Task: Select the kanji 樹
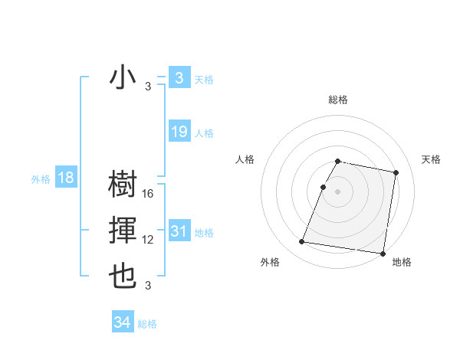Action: tap(123, 185)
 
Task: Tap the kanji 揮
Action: tap(123, 231)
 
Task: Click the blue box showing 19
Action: tap(179, 132)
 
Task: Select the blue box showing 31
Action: tap(179, 231)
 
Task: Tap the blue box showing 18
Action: tap(65, 178)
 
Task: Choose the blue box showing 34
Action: tap(122, 322)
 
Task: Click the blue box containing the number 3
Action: tap(179, 78)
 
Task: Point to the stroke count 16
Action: tap(148, 195)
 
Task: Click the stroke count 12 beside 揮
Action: tap(148, 241)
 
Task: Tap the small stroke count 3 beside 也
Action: tap(148, 286)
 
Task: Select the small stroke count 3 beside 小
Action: tap(148, 87)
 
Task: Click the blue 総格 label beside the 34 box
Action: tap(147, 324)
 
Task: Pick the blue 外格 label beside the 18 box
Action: tap(41, 179)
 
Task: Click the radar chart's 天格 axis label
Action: tap(432, 159)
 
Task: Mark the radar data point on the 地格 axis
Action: tap(382, 253)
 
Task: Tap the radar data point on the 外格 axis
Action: tap(302, 242)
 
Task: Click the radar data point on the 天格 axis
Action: tap(396, 173)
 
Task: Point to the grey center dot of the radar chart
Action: tap(338, 191)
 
